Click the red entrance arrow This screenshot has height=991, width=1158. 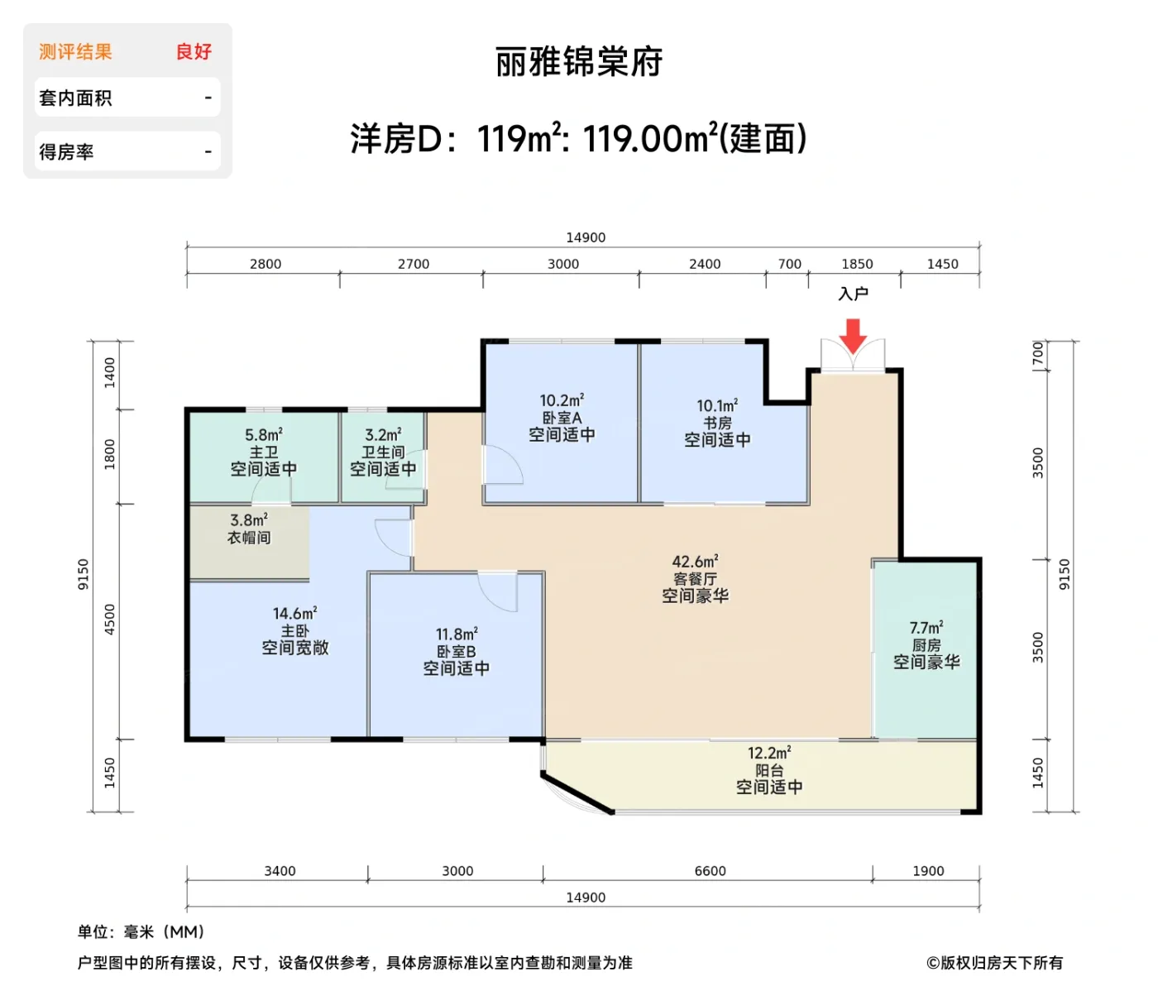pyautogui.click(x=853, y=335)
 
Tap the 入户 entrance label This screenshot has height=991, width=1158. pyautogui.click(x=853, y=294)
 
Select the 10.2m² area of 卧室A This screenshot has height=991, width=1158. pyautogui.click(x=562, y=400)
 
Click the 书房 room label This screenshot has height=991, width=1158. pyautogui.click(x=717, y=423)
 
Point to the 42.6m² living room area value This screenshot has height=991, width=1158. pyautogui.click(x=695, y=562)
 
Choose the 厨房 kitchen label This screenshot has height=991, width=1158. pyautogui.click(x=926, y=645)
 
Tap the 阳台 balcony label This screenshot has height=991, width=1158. pyautogui.click(x=769, y=770)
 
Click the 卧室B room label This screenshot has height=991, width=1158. pyautogui.click(x=457, y=652)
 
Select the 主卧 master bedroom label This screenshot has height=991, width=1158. pyautogui.click(x=294, y=631)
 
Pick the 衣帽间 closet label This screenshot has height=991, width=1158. pyautogui.click(x=249, y=538)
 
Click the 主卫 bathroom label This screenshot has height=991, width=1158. pyautogui.click(x=264, y=452)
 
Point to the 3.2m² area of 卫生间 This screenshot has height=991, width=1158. pyautogui.click(x=383, y=435)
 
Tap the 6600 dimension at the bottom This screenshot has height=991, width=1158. pyautogui.click(x=710, y=871)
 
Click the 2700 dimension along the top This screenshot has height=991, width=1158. pyautogui.click(x=414, y=264)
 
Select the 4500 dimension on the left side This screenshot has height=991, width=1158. pyautogui.click(x=110, y=620)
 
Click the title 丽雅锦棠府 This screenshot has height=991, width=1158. pyautogui.click(x=579, y=62)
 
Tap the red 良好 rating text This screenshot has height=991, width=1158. pyautogui.click(x=194, y=52)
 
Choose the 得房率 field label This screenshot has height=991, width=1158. pyautogui.click(x=66, y=152)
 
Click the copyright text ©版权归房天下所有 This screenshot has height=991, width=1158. pyautogui.click(x=994, y=963)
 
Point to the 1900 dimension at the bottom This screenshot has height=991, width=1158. pyautogui.click(x=928, y=871)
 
